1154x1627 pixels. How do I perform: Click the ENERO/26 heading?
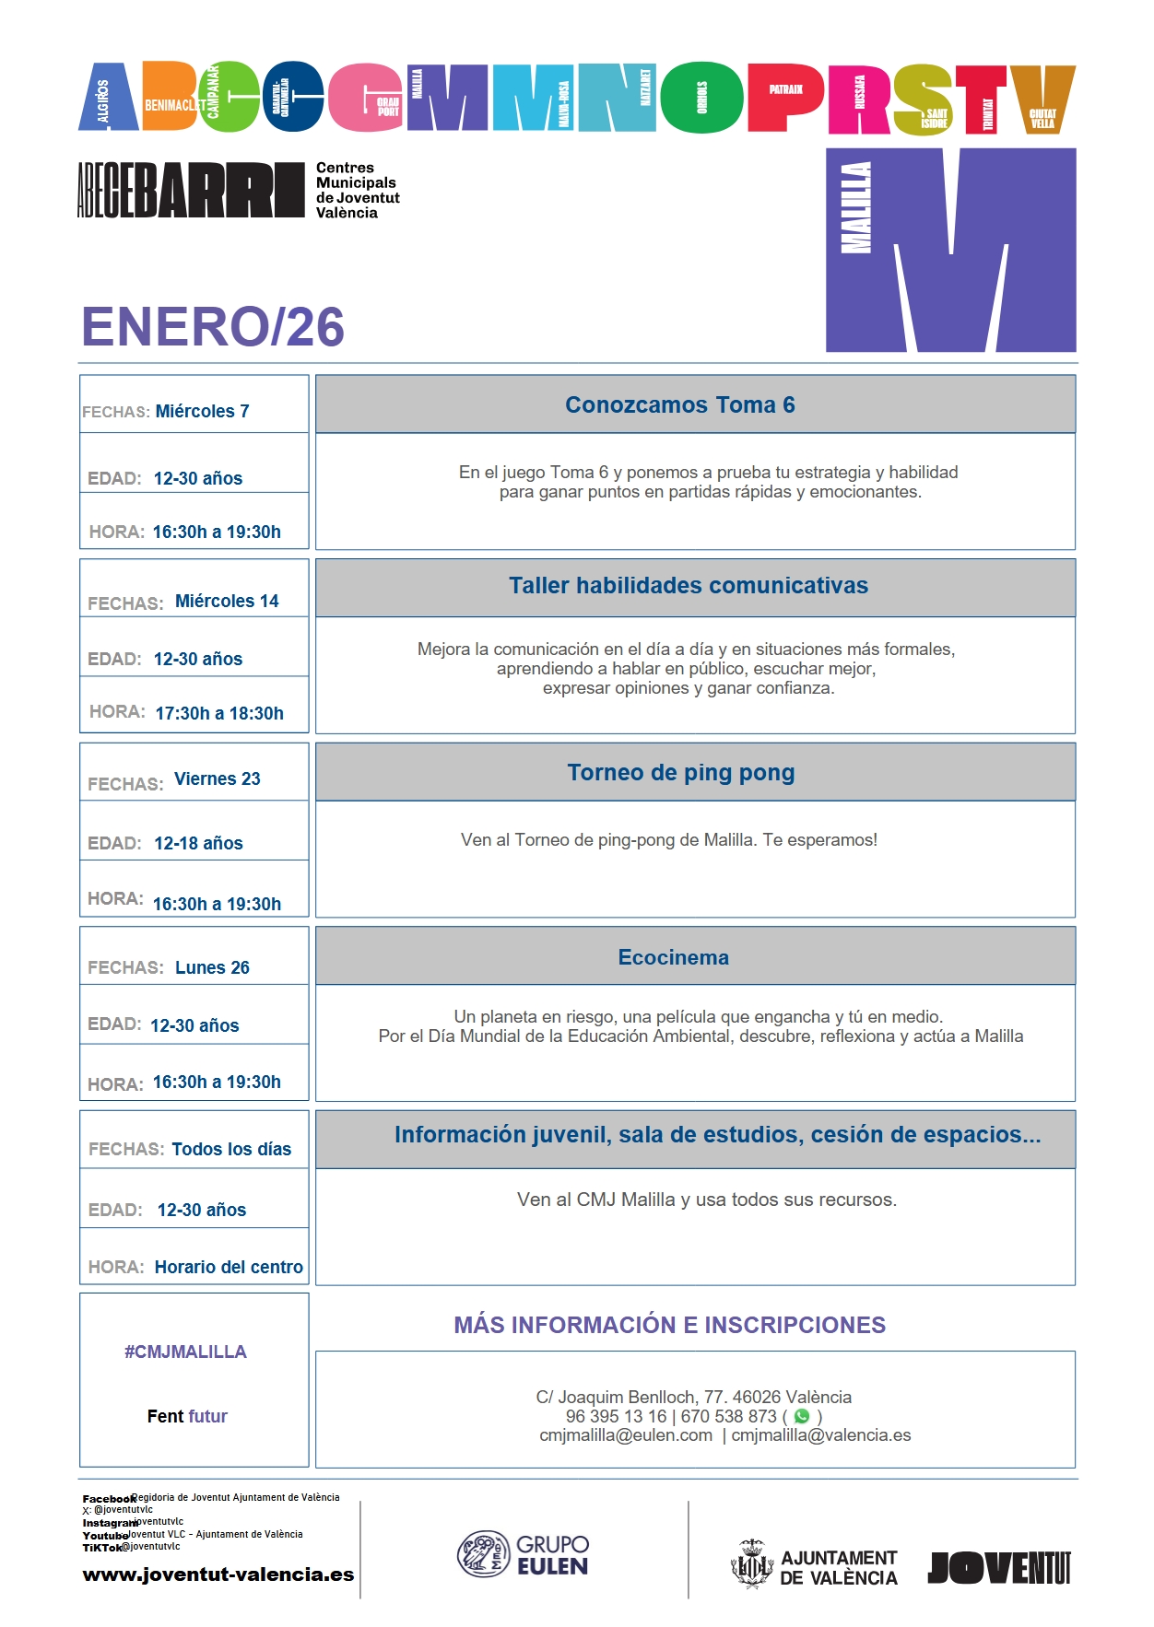213,327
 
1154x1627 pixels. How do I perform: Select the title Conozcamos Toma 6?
679,404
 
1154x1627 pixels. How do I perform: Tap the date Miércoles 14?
227,601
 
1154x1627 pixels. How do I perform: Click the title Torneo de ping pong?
680,772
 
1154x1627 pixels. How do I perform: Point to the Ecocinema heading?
673,957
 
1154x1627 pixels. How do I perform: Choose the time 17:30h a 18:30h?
219,713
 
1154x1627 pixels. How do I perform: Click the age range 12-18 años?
198,843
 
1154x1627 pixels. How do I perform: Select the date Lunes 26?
212,967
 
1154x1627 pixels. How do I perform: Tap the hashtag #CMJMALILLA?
185,1352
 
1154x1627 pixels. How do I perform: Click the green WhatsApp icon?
802,1416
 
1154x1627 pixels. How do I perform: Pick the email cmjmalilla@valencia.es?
820,1435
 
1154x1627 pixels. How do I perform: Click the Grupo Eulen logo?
524,1554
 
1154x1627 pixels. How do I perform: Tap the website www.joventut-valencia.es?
218,1574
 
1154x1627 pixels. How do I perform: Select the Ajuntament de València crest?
751,1564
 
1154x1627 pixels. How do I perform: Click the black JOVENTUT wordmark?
999,1567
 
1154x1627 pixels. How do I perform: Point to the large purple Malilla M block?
950,250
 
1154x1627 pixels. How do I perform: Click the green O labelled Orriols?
701,98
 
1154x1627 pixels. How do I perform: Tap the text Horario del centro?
229,1267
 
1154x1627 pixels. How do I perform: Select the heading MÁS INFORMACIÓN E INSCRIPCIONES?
669,1325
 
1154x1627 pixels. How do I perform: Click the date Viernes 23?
218,778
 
